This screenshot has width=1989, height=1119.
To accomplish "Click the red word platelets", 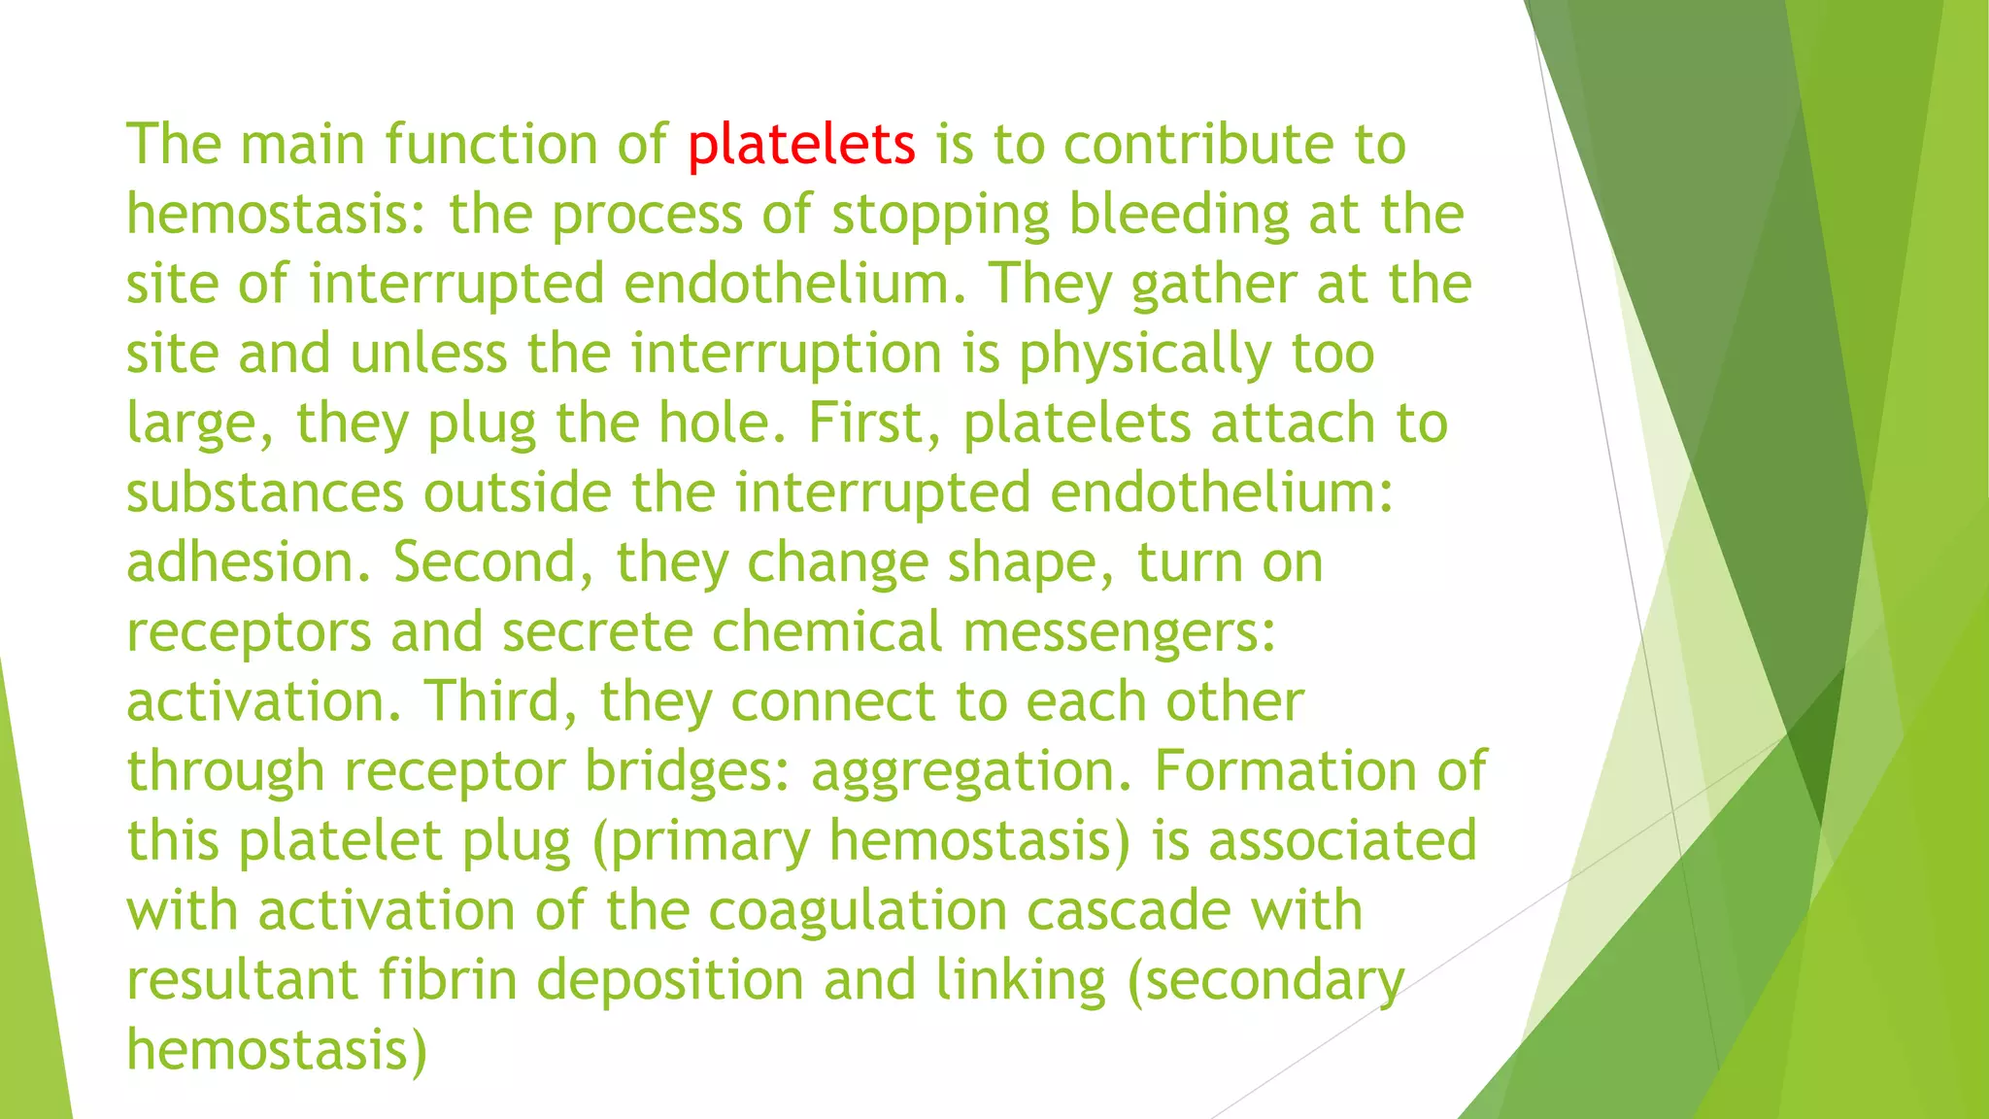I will [801, 146].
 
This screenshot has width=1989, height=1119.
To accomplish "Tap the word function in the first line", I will [491, 146].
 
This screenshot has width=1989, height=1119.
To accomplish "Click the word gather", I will [1214, 286].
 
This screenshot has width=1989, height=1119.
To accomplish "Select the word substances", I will [265, 493].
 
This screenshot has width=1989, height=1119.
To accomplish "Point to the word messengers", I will [1119, 633].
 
